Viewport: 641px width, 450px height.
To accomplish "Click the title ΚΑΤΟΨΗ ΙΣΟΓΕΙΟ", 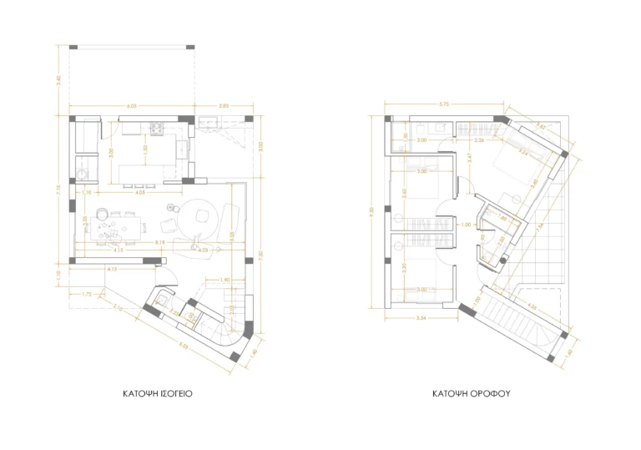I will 158,391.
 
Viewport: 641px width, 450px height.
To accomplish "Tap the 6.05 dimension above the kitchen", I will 132,107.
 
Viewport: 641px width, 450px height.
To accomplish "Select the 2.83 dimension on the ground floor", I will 224,107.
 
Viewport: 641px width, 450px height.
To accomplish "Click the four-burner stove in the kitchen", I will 156,129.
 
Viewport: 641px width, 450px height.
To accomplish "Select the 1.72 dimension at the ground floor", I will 86,294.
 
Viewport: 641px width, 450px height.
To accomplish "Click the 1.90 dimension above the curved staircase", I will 225,280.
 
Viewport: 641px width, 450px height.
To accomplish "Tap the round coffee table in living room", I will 201,215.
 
